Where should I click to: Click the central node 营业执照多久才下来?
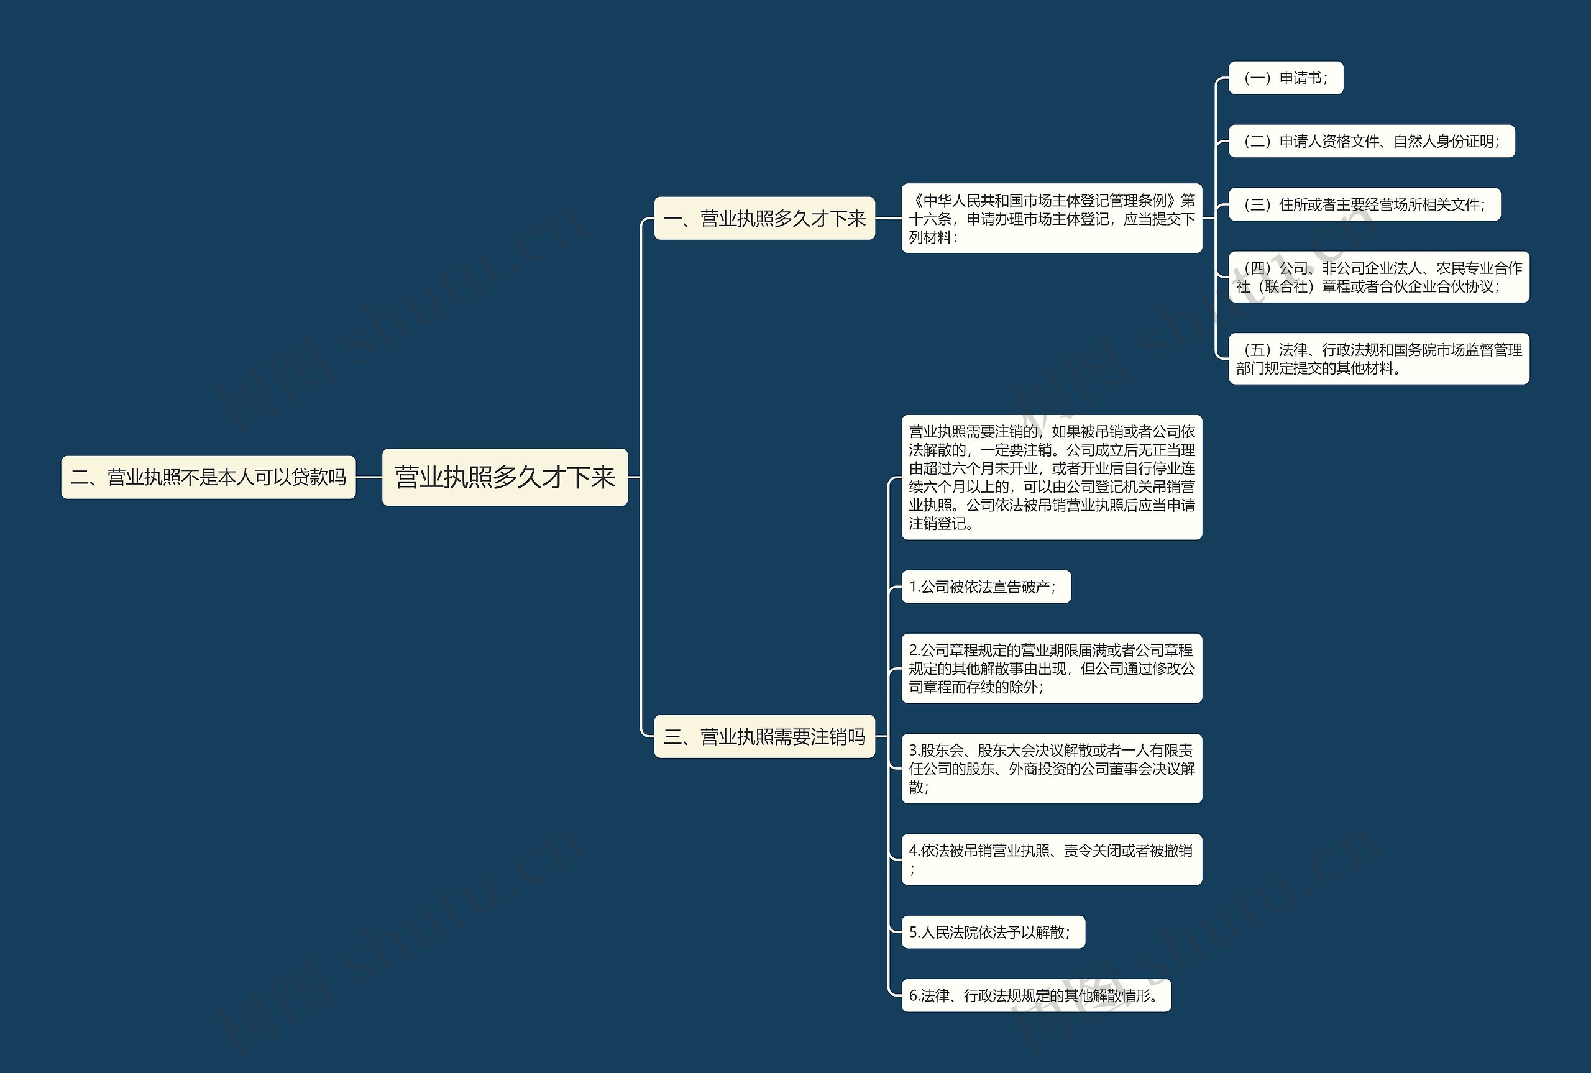click(x=504, y=477)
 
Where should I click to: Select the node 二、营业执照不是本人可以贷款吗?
click(x=208, y=477)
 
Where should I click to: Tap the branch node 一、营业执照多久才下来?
click(x=764, y=218)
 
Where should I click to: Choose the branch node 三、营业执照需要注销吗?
click(x=764, y=736)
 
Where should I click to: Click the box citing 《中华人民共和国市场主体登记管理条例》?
click(x=1051, y=218)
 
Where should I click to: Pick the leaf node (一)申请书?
click(x=1285, y=78)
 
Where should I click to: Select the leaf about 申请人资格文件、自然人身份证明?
click(x=1372, y=141)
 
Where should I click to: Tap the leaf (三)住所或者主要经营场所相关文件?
click(x=1364, y=204)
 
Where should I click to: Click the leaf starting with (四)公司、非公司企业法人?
click(x=1378, y=277)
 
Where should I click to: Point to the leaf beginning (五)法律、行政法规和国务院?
click(x=1378, y=358)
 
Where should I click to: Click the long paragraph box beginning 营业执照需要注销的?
click(x=1051, y=477)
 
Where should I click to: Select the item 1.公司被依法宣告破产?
click(x=986, y=587)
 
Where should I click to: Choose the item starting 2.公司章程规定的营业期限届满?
click(x=1051, y=668)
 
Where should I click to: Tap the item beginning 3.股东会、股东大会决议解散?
click(x=1051, y=769)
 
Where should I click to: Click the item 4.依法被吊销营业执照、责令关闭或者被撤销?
click(x=1051, y=859)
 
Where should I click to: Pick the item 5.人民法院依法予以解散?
click(x=993, y=932)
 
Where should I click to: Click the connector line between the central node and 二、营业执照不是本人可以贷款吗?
click(x=369, y=477)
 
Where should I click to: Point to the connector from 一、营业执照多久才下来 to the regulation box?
click(x=888, y=218)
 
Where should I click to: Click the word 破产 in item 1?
click(x=1035, y=587)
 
